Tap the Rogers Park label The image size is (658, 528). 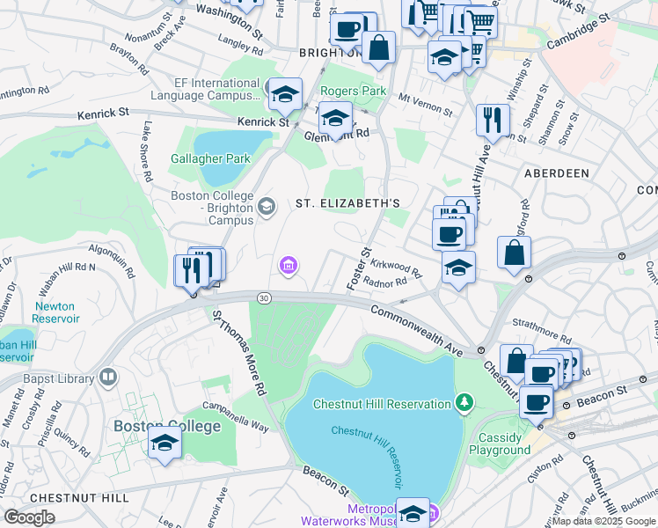tap(353, 91)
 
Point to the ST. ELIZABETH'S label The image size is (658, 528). tap(347, 203)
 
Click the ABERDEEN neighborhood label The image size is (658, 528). tap(556, 173)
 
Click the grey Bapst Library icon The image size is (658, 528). tap(108, 378)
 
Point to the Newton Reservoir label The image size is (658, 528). tap(56, 312)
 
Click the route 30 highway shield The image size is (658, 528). tap(264, 299)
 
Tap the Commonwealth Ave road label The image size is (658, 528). tap(416, 329)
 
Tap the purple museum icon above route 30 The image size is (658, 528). tap(288, 264)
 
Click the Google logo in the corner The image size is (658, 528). tap(29, 517)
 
